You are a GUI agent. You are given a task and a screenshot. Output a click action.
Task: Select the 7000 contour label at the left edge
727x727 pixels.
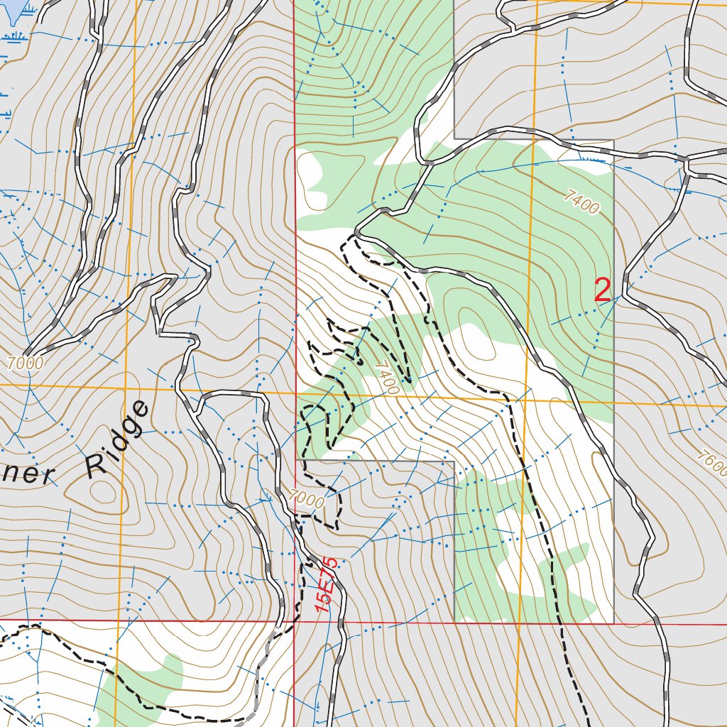pos(26,363)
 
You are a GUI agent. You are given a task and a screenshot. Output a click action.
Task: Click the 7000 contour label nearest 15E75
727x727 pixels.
pos(307,499)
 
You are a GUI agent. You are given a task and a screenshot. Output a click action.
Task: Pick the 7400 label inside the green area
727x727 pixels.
pos(582,202)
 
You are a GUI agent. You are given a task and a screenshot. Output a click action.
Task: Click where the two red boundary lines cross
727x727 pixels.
pos(295,622)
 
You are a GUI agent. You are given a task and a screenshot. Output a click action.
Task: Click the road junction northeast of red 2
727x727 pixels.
pos(687,163)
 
